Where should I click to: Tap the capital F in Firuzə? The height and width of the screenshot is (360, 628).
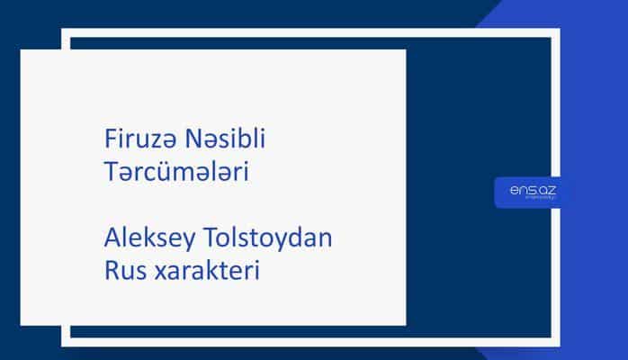109,140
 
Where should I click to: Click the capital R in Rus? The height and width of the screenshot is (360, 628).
110,270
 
